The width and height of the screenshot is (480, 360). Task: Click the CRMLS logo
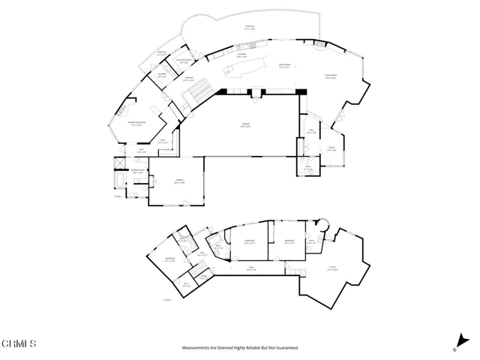click(x=19, y=343)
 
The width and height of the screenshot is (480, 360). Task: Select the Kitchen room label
click(x=242, y=55)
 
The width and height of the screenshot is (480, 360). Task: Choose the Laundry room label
click(x=162, y=74)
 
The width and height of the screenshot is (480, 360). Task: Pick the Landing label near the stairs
click(x=190, y=79)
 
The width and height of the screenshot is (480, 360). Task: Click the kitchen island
click(x=250, y=69)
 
